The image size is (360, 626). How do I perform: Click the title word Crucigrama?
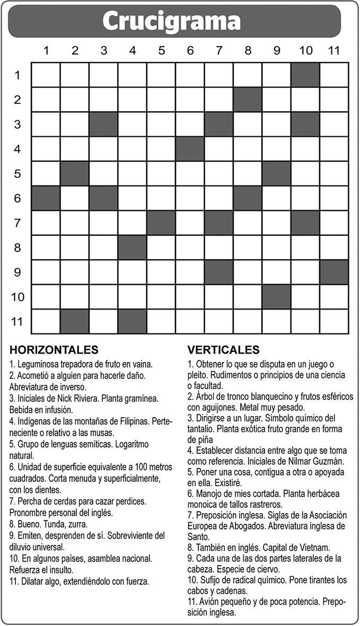(171, 22)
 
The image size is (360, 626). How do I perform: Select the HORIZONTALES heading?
(54, 350)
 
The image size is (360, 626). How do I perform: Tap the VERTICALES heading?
(223, 350)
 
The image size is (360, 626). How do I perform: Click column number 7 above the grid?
(219, 50)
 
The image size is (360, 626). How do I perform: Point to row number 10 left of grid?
(17, 296)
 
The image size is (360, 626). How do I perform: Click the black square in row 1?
(305, 75)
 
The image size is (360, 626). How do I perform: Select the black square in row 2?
(248, 100)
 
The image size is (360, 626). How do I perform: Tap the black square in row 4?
(190, 149)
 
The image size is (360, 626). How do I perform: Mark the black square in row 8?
(133, 248)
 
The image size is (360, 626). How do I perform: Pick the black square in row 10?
(276, 297)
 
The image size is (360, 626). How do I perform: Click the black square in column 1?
(46, 198)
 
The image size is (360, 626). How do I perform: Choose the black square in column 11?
(334, 272)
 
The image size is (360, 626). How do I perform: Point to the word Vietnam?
(312, 548)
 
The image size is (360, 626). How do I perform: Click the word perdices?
(130, 500)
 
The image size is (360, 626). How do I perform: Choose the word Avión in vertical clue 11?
(209, 602)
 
